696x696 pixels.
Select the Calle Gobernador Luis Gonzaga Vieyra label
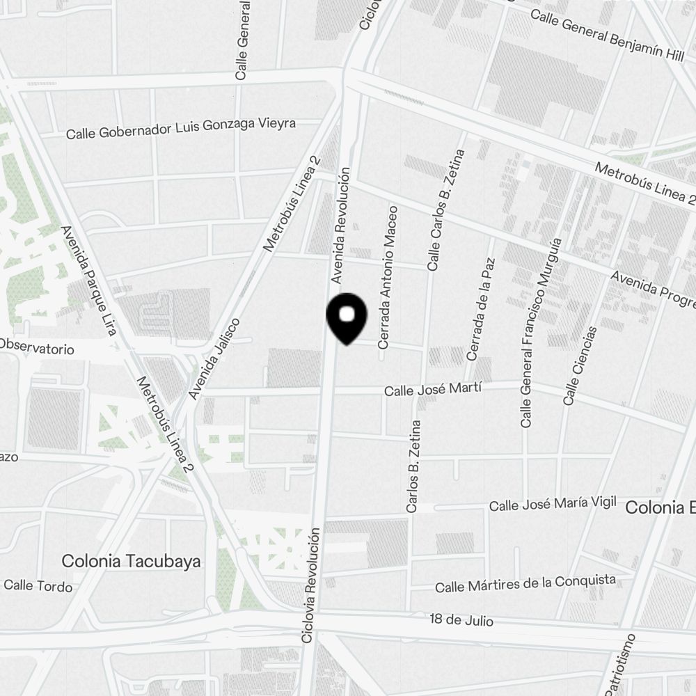pos(181,128)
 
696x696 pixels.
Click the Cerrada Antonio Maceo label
pos(387,276)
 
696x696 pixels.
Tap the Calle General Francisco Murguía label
pos(540,333)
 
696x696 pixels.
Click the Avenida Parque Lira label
pos(88,281)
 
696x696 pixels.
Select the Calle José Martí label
pos(433,390)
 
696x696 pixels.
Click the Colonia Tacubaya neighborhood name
pos(131,561)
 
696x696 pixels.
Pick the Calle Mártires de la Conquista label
pos(525,583)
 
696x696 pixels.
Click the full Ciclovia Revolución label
pos(311,585)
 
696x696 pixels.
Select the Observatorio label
pos(36,347)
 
